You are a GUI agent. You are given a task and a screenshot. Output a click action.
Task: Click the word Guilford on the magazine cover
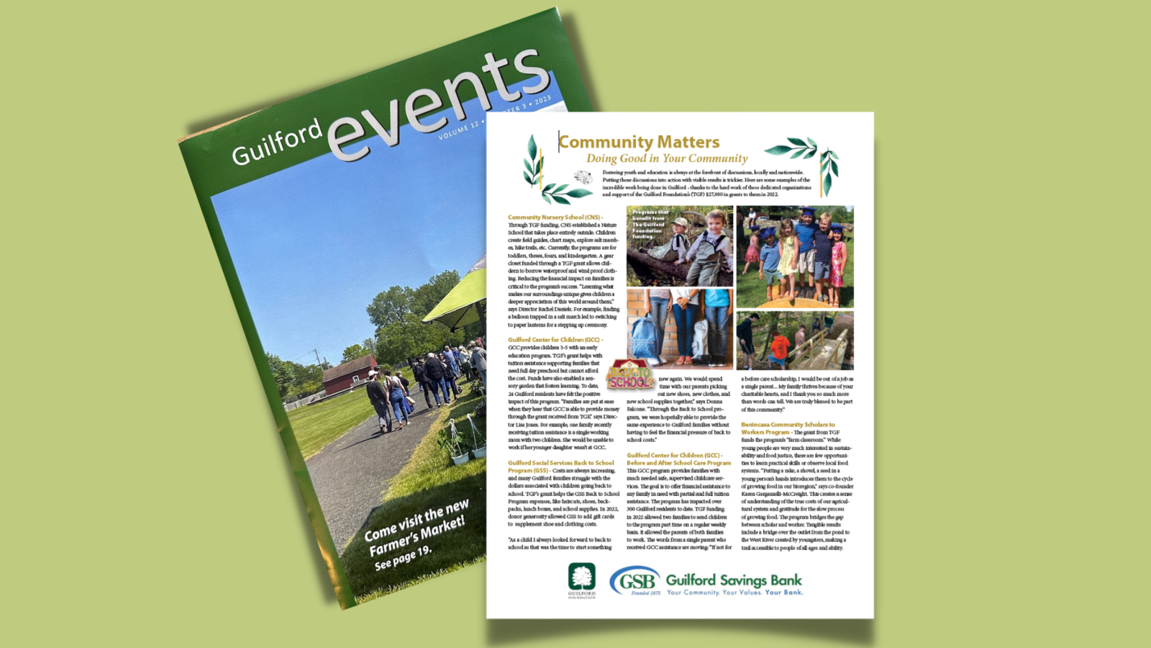277,143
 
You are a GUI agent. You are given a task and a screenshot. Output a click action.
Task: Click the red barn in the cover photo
350,374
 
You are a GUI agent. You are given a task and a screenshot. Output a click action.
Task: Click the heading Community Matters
639,142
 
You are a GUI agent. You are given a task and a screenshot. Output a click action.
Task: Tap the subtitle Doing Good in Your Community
667,158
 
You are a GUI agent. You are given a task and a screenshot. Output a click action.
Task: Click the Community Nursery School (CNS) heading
555,217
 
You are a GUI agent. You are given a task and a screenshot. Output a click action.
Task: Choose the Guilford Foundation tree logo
581,577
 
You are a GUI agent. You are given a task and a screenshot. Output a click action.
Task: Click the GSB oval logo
635,580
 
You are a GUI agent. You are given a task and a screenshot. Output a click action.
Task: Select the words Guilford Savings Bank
734,580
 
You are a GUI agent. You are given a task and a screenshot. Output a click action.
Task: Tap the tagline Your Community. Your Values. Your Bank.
734,593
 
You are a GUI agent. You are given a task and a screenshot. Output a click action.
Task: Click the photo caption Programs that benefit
650,224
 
